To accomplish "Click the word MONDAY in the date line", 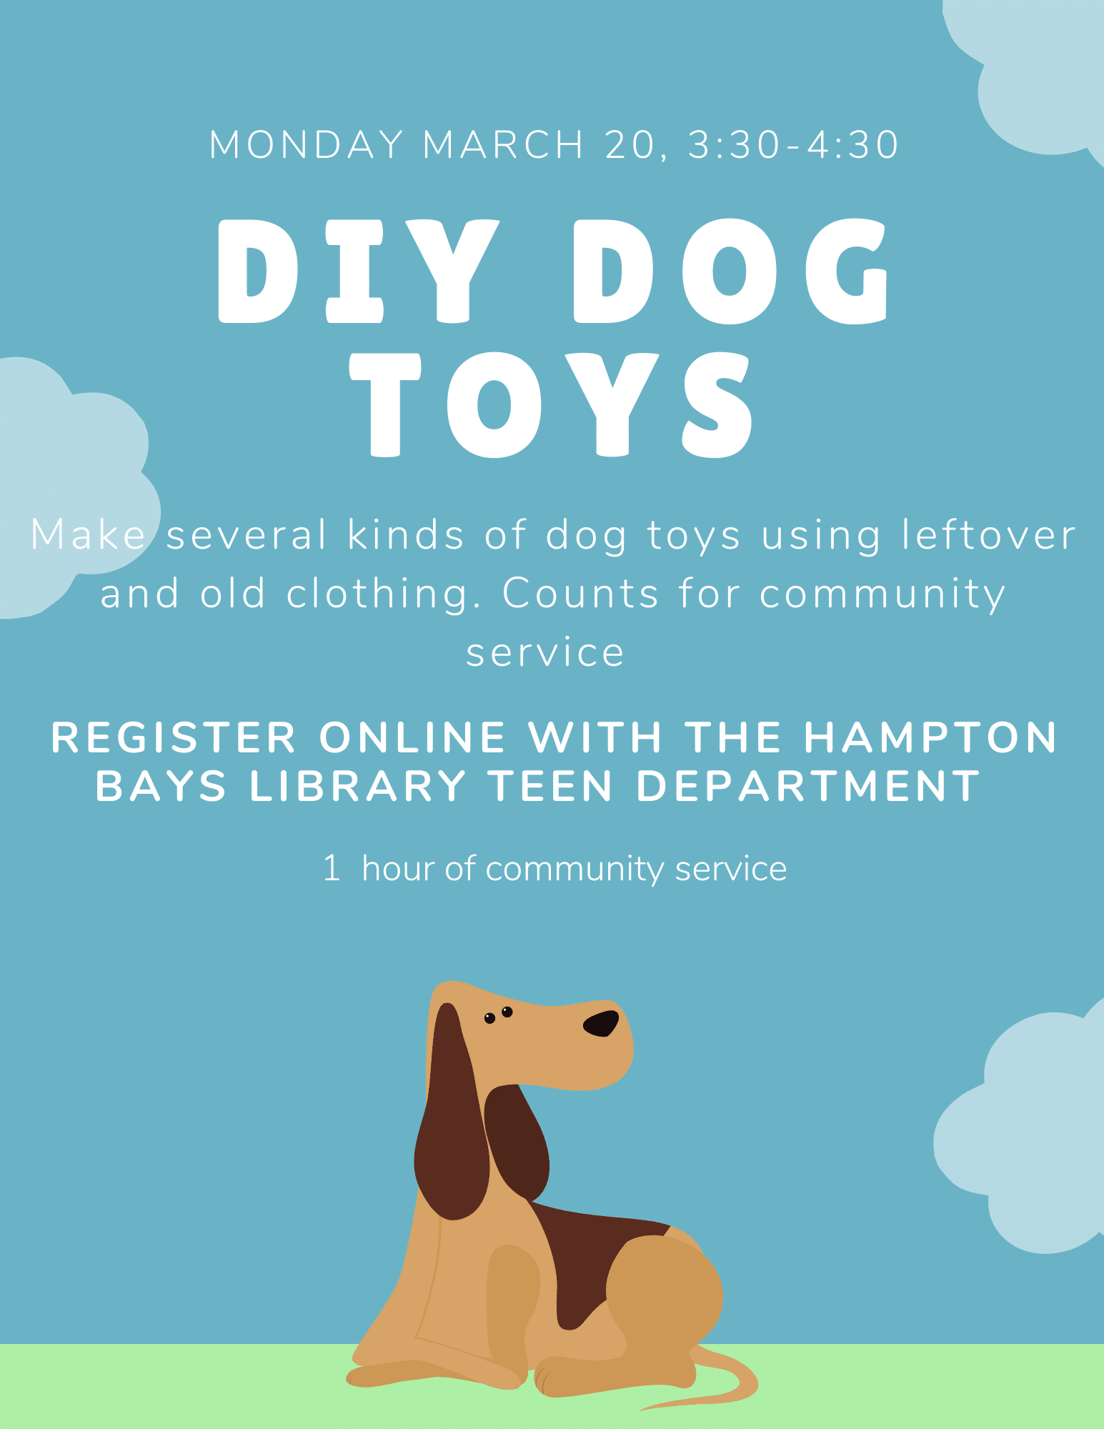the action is [307, 144].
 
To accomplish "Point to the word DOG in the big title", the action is [731, 271].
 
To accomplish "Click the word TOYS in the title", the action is [551, 404].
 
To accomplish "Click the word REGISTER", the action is [174, 737].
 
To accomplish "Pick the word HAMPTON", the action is [930, 737].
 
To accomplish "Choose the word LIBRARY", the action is [358, 786].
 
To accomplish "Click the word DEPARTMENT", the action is [808, 786].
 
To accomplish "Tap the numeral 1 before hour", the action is [332, 868].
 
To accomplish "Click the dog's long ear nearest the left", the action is [451, 1115].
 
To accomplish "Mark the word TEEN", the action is [550, 786].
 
